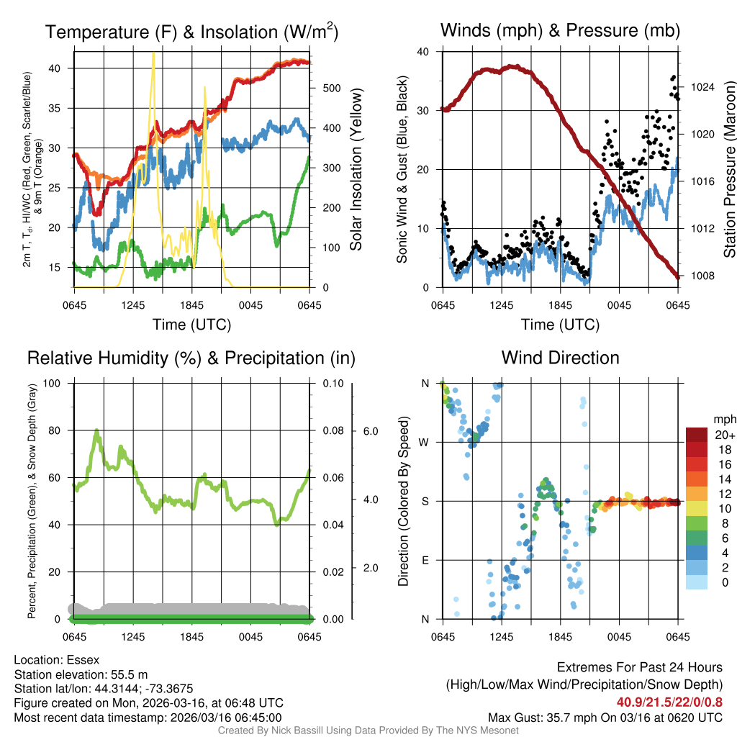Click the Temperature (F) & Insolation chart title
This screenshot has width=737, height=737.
pyautogui.click(x=191, y=32)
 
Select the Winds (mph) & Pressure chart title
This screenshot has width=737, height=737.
pyautogui.click(x=560, y=30)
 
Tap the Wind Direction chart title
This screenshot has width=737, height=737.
pyautogui.click(x=560, y=358)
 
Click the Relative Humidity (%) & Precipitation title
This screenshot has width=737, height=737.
pyautogui.click(x=191, y=358)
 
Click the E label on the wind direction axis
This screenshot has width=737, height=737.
pyautogui.click(x=425, y=560)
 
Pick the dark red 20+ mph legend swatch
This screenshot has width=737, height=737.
pyautogui.click(x=696, y=435)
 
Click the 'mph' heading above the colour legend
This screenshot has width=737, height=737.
pyautogui.click(x=723, y=420)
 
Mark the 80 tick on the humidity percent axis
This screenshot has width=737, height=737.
pyautogui.click(x=57, y=430)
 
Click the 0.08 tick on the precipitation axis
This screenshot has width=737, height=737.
pyautogui.click(x=331, y=430)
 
